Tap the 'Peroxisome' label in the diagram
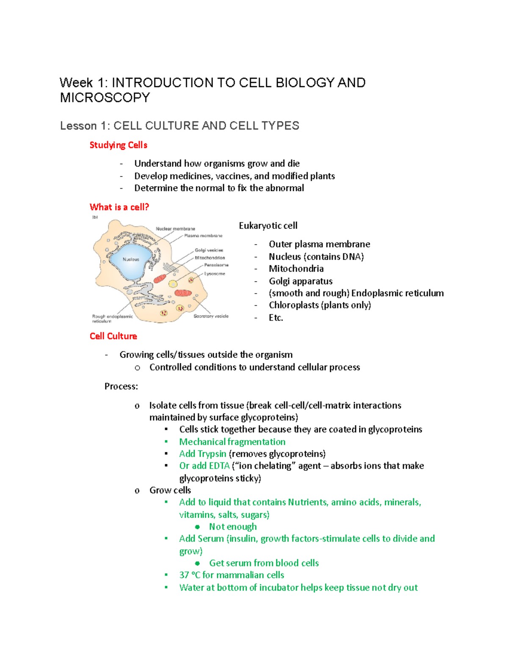(x=216, y=265)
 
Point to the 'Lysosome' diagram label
(x=215, y=274)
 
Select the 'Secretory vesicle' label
(x=211, y=316)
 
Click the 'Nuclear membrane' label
(x=175, y=229)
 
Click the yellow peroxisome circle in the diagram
(x=173, y=284)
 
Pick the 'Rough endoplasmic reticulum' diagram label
(x=112, y=318)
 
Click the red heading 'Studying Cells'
(x=118, y=145)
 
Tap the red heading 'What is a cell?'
(x=119, y=207)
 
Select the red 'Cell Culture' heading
(x=113, y=336)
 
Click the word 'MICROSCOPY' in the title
(x=105, y=98)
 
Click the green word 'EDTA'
(x=219, y=466)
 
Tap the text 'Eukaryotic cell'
(x=268, y=225)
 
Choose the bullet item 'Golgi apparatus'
(x=301, y=281)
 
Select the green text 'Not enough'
(x=233, y=527)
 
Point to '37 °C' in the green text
(x=190, y=575)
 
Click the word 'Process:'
(x=121, y=386)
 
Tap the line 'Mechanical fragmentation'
(x=232, y=442)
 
